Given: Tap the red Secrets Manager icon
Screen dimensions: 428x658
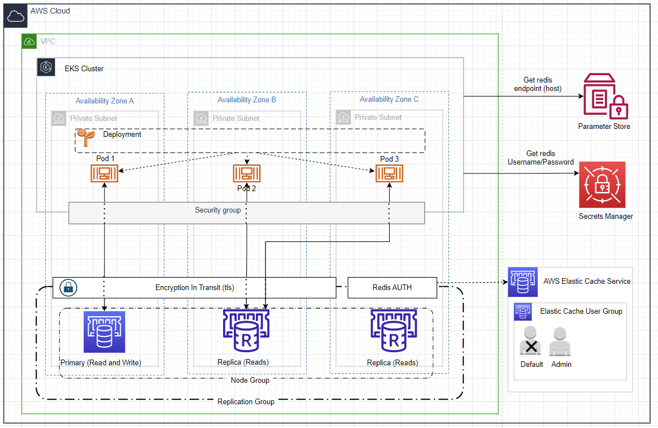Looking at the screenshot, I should [602, 185].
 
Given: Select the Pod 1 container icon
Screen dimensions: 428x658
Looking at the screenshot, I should [105, 173].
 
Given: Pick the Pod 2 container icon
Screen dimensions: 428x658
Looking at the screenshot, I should [247, 174].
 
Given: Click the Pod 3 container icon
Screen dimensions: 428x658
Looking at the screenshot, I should [389, 173].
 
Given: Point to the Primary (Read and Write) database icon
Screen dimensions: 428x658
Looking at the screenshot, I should [104, 332].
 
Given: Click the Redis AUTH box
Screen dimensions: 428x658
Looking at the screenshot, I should [392, 287].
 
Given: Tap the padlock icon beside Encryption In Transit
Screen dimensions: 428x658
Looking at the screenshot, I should [68, 287].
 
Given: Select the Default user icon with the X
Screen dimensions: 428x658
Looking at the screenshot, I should [530, 341].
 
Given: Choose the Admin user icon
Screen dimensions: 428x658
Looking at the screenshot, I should [560, 341].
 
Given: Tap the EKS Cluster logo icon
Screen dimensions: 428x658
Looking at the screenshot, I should [46, 67].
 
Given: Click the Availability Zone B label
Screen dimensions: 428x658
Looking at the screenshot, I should [247, 100].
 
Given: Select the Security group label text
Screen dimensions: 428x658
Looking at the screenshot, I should [218, 210].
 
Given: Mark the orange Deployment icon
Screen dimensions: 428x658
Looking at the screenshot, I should [85, 136].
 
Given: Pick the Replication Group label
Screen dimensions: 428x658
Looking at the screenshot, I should [246, 401].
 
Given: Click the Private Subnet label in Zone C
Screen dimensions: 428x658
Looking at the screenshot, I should [378, 118].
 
